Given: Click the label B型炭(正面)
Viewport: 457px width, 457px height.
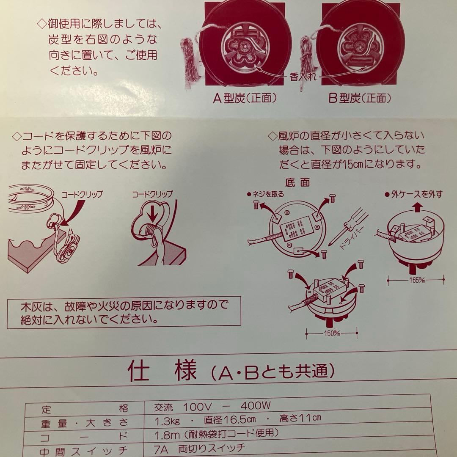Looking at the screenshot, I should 360,98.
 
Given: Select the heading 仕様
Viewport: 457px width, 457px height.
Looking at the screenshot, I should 162,371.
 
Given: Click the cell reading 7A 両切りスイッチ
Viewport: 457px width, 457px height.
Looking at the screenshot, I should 201,448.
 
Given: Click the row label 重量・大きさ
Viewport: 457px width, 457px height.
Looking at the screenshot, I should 84,422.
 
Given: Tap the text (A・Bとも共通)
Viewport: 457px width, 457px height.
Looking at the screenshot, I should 273,372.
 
